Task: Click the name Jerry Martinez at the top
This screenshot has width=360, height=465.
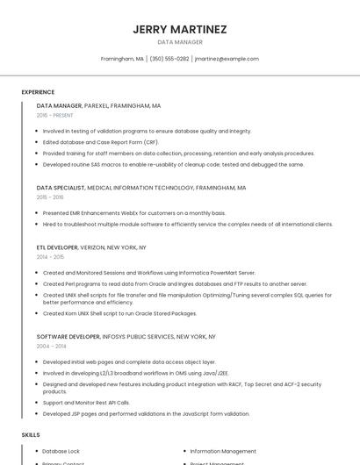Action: (180, 29)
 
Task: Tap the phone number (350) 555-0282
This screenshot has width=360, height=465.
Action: (169, 59)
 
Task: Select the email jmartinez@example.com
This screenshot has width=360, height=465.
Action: (227, 59)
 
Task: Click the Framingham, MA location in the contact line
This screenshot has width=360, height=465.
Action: (122, 59)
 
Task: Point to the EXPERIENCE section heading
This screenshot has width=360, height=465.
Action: (38, 92)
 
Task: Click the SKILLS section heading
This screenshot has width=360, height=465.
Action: (31, 435)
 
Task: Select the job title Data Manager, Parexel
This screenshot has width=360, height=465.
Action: (98, 105)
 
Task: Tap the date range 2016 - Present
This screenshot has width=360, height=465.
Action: (54, 115)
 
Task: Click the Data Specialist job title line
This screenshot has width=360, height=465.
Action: (141, 188)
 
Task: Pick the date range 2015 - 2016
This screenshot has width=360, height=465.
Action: (50, 197)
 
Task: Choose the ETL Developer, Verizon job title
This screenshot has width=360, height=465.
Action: (91, 247)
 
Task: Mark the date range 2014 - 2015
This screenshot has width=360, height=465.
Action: (50, 257)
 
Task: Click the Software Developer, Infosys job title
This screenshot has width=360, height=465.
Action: (126, 336)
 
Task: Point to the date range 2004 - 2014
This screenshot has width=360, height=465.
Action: (51, 346)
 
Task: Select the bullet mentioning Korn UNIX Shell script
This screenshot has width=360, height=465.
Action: (119, 312)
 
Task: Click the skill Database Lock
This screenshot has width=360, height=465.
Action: (61, 451)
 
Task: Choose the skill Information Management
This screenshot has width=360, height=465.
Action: (223, 451)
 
